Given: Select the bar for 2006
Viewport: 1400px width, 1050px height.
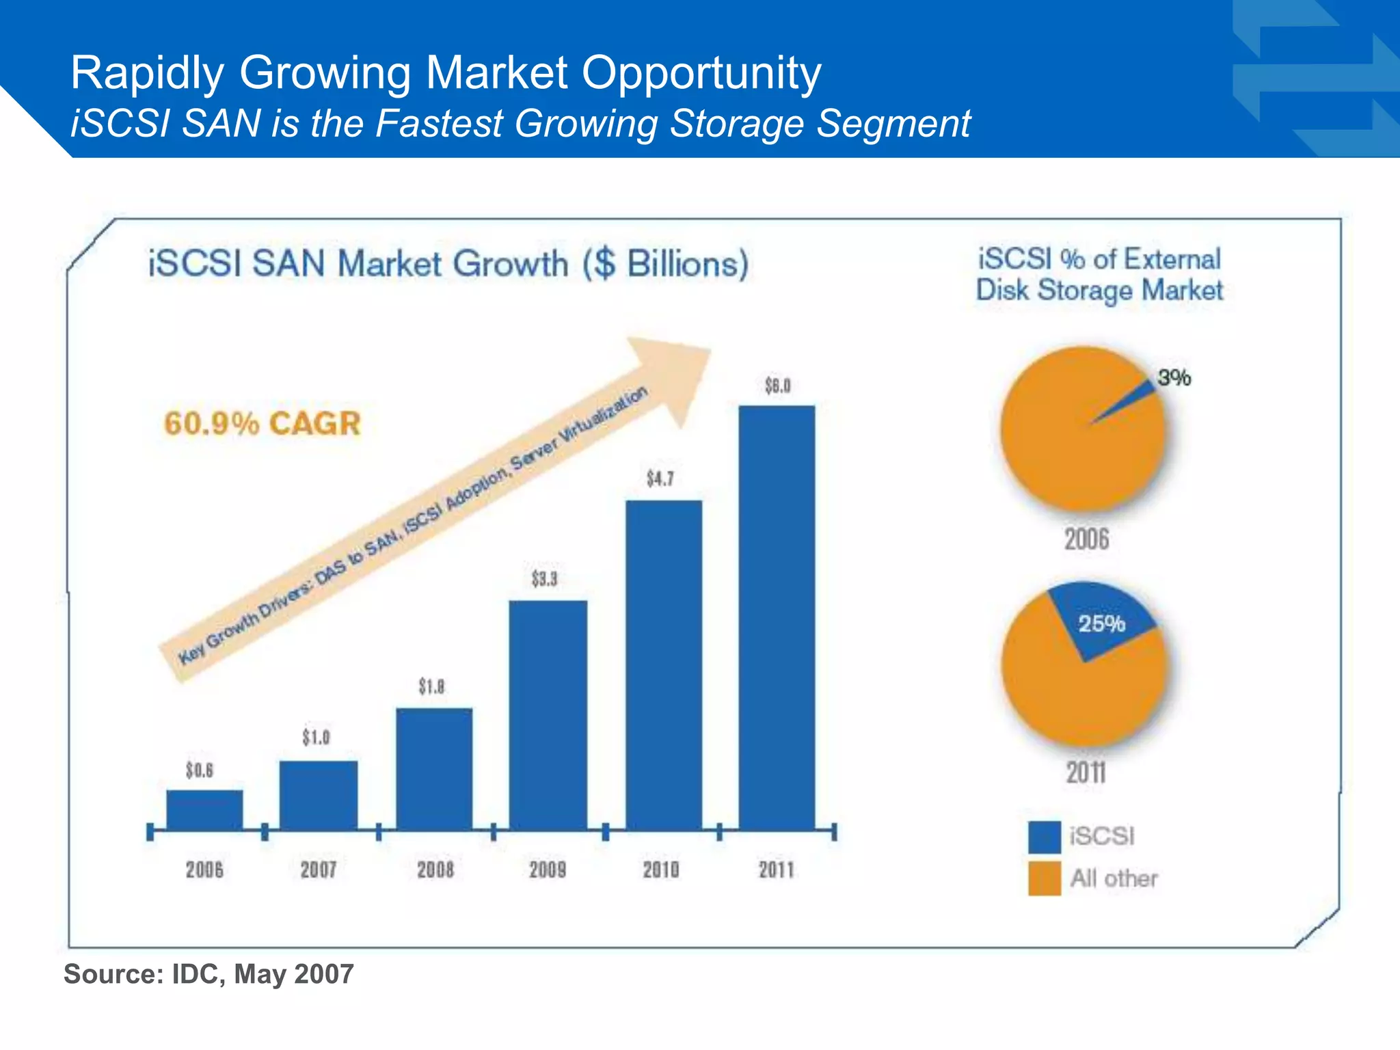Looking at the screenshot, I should click(204, 810).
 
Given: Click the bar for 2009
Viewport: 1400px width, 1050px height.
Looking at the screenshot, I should click(548, 714).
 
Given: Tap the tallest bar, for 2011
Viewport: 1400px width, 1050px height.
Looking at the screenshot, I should click(777, 615).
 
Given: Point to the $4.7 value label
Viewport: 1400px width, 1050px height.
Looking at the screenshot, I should click(660, 479).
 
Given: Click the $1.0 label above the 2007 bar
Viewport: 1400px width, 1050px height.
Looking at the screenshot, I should click(316, 738).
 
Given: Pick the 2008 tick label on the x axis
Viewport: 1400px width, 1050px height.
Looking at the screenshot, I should click(435, 870).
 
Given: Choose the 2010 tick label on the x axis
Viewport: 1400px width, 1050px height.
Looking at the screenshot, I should click(661, 870).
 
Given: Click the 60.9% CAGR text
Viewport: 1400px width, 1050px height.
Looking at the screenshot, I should click(262, 423).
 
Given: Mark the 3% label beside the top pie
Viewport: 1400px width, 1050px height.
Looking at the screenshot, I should click(1174, 377).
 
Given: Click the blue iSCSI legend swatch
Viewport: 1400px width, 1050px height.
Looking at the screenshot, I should click(1044, 837).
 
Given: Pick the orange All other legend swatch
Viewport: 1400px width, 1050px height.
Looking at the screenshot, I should click(1044, 878).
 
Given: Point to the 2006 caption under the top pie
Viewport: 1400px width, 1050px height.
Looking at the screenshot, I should click(1086, 539).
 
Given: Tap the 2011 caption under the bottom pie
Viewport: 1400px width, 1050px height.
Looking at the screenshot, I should click(1086, 773).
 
